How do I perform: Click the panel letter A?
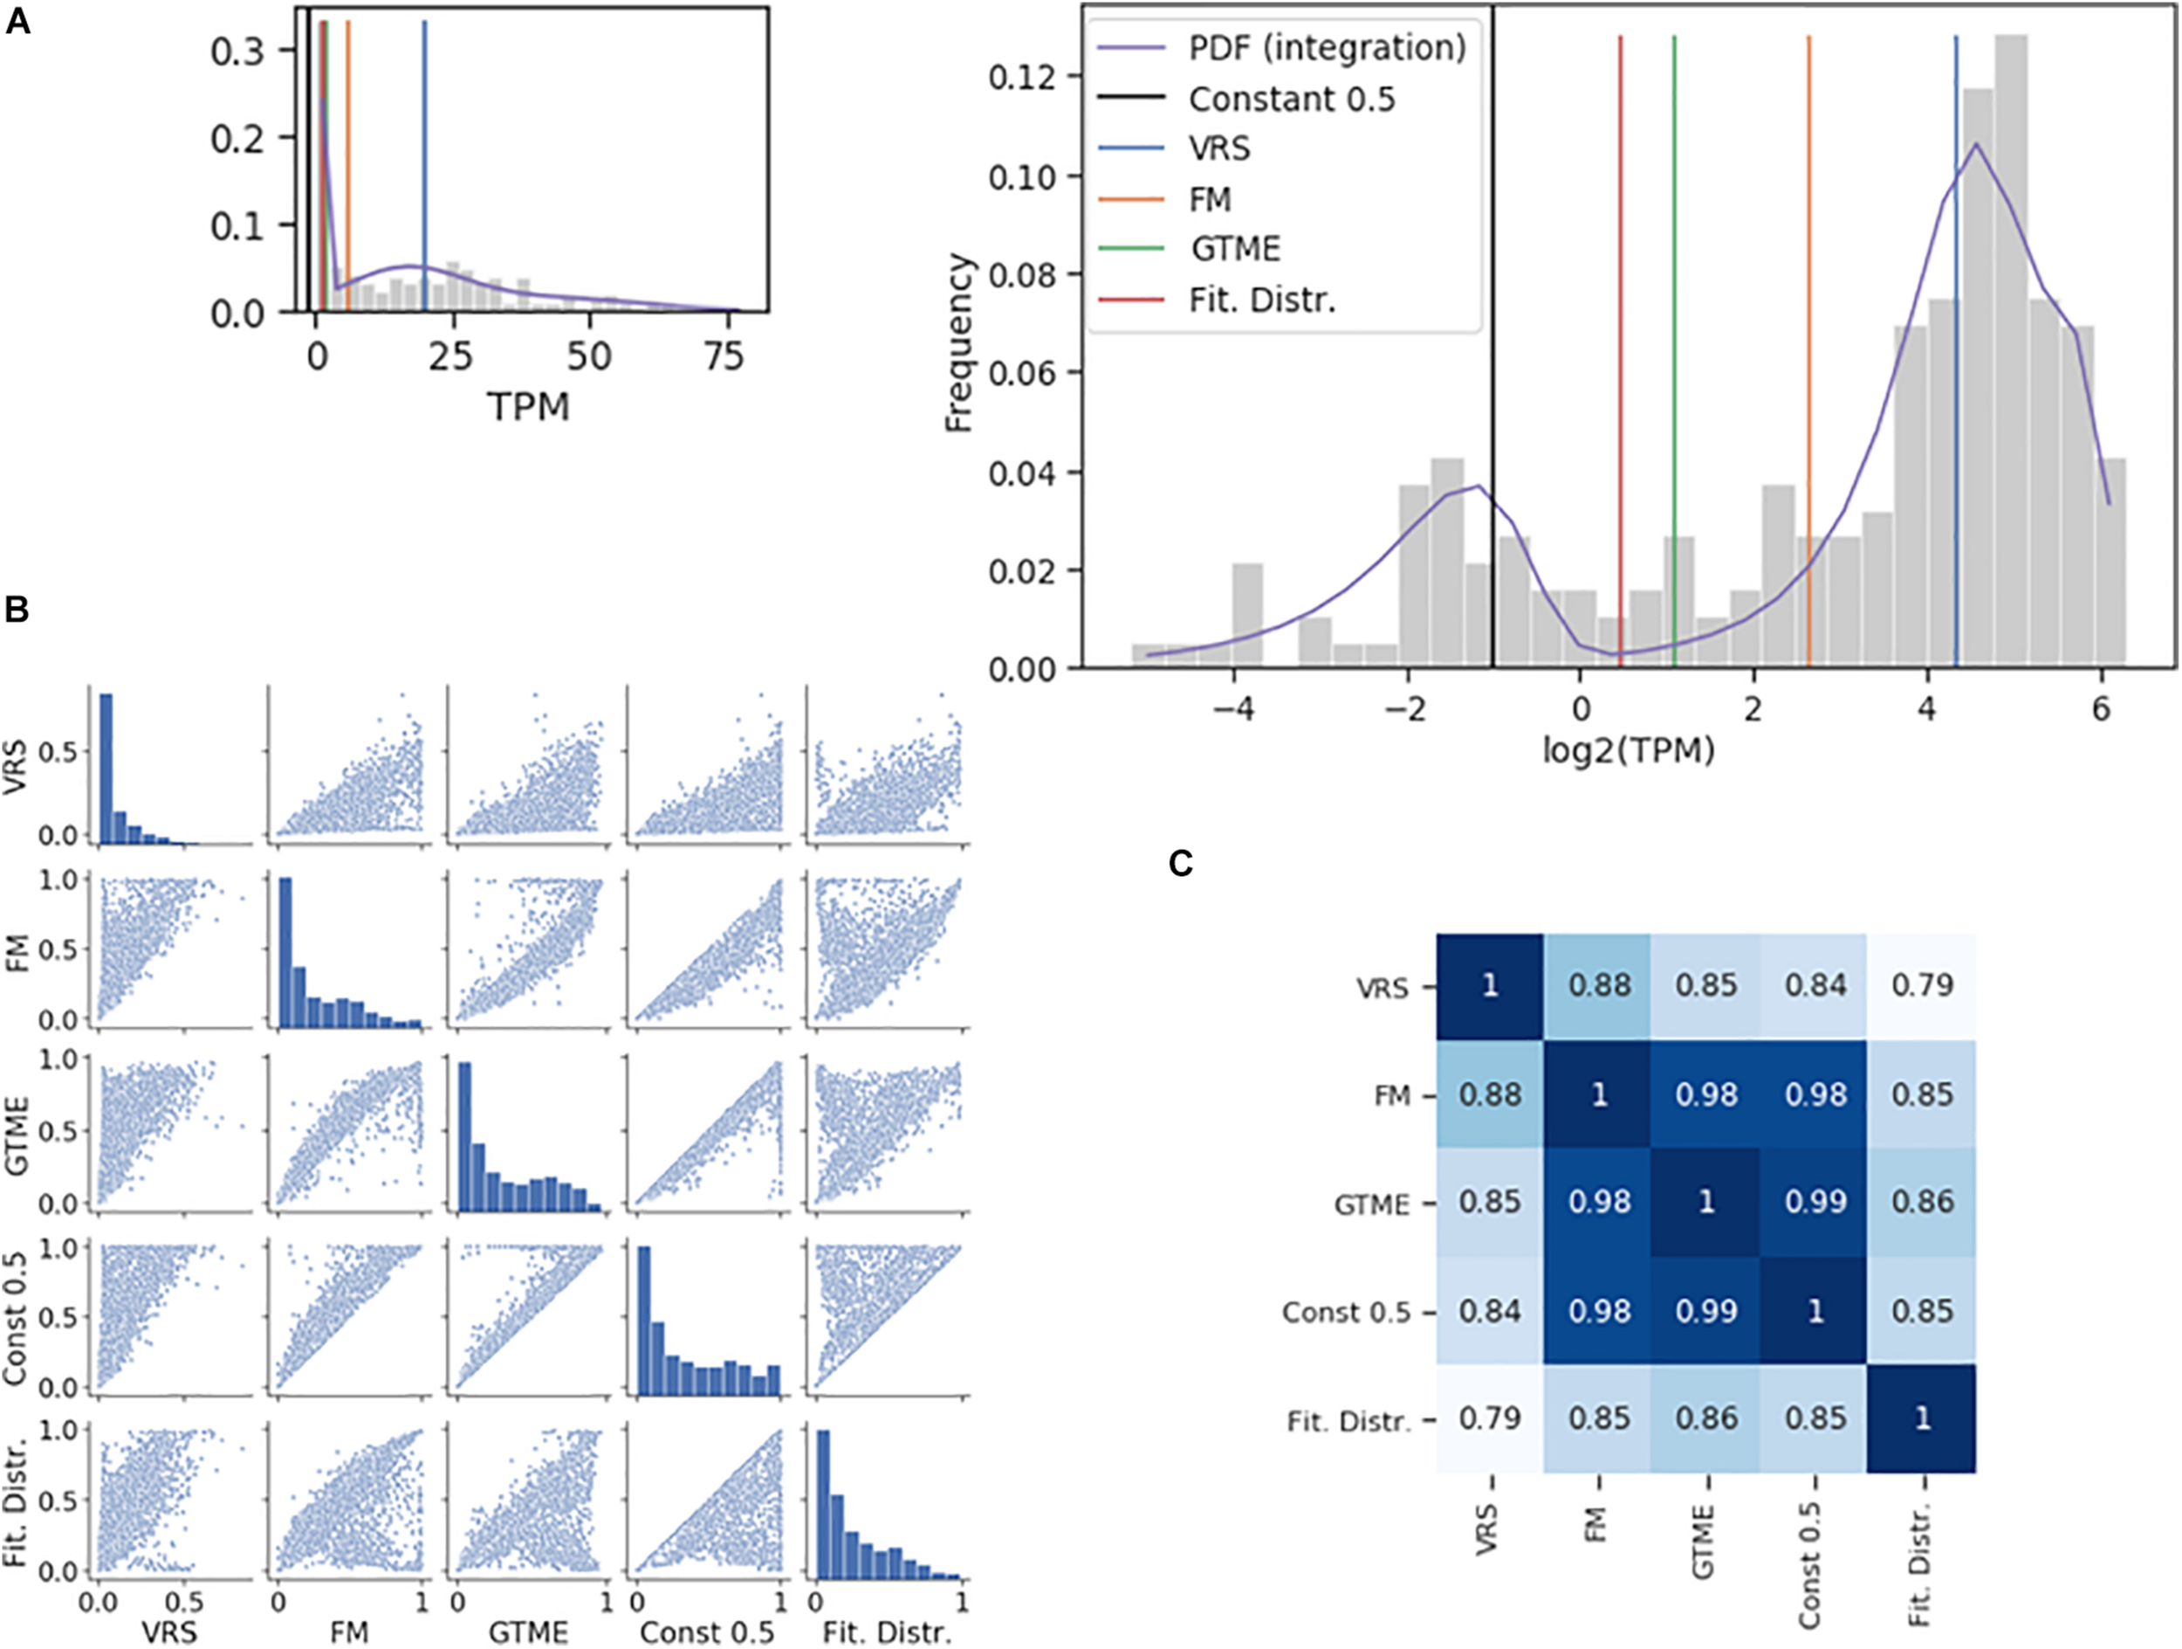[17, 22]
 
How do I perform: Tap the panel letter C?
[1181, 864]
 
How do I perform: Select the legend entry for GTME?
[1235, 249]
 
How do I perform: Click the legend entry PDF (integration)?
[1327, 47]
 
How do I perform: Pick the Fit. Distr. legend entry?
[1262, 299]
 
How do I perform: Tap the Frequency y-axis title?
[959, 342]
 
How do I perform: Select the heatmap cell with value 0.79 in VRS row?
[1922, 986]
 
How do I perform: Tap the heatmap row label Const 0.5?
[1346, 1312]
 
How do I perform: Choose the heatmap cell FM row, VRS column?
[1490, 1094]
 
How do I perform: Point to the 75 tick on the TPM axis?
[724, 356]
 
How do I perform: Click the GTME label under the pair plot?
[529, 1633]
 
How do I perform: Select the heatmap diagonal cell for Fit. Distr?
[1922, 1419]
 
